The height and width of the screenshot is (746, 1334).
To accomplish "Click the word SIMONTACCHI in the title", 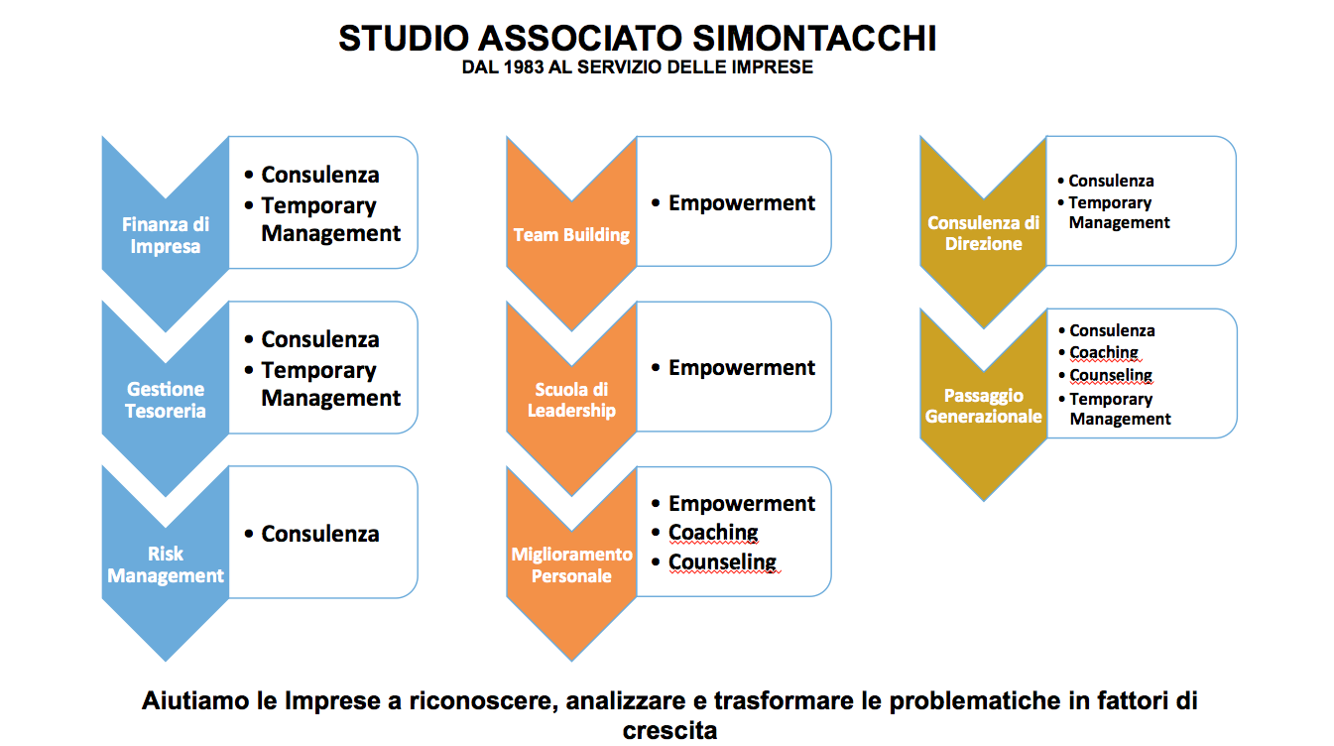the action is click(x=814, y=38).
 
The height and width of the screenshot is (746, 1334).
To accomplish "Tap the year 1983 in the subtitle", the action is click(x=524, y=67).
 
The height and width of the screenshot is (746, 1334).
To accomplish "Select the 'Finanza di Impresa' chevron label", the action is click(x=166, y=235).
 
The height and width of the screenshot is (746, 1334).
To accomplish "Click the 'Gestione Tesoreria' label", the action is click(x=166, y=400).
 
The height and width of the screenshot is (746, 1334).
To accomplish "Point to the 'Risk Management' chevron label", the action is click(x=166, y=564).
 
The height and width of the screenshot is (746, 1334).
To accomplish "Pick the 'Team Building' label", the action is click(x=571, y=235).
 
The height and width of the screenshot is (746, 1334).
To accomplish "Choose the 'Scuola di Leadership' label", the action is click(x=571, y=400).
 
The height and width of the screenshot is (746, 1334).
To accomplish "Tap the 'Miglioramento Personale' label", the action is click(x=571, y=564).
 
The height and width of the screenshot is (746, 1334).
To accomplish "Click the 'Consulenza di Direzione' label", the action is click(x=983, y=233).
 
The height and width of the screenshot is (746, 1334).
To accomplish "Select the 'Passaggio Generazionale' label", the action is click(x=983, y=406).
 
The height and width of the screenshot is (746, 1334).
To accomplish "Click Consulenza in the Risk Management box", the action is click(x=320, y=534).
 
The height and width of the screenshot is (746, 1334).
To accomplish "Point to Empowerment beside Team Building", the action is click(x=742, y=203).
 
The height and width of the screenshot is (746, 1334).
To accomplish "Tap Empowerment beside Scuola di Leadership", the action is click(x=742, y=368).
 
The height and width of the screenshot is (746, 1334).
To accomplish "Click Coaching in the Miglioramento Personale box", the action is click(x=713, y=532).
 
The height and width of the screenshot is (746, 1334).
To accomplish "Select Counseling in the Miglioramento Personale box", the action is click(x=722, y=561).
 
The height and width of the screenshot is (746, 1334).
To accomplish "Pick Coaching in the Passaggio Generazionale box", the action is click(x=1104, y=353).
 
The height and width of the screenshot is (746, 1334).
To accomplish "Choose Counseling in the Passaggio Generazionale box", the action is click(x=1111, y=375).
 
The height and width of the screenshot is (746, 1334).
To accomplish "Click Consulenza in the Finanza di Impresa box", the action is click(x=320, y=176).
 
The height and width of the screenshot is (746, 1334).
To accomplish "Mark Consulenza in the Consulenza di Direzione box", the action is click(x=1111, y=181).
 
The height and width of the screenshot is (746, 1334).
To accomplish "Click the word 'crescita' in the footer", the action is click(x=670, y=731).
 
